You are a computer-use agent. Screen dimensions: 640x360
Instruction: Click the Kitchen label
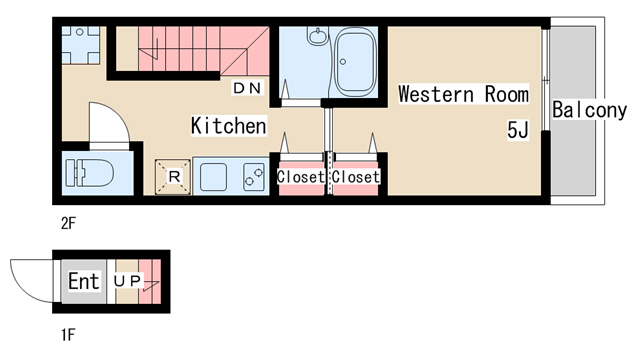[229, 125]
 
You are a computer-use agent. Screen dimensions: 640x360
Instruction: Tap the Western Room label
[463, 94]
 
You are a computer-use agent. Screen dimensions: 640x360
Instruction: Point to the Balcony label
[589, 110]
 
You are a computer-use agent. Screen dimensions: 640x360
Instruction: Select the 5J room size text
[518, 130]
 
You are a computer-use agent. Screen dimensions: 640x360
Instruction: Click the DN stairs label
[247, 88]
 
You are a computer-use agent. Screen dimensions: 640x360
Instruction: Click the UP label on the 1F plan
[127, 281]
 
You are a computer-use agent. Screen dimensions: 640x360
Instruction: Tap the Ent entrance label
[84, 281]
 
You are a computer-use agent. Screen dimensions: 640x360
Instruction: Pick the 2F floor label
[68, 223]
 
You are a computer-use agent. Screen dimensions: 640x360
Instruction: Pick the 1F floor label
[68, 335]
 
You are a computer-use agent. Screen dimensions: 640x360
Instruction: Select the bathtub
[355, 61]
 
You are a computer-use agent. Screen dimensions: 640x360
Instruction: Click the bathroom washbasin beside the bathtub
[318, 36]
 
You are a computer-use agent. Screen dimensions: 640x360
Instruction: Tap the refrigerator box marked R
[173, 177]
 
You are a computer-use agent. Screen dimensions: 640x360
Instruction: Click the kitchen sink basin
[213, 177]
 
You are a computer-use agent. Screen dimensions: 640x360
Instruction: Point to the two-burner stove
[253, 177]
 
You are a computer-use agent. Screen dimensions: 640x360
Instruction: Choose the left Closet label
[301, 177]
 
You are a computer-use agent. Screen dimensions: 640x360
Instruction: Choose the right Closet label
[356, 177]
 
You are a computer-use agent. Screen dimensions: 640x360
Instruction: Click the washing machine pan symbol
[80, 45]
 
